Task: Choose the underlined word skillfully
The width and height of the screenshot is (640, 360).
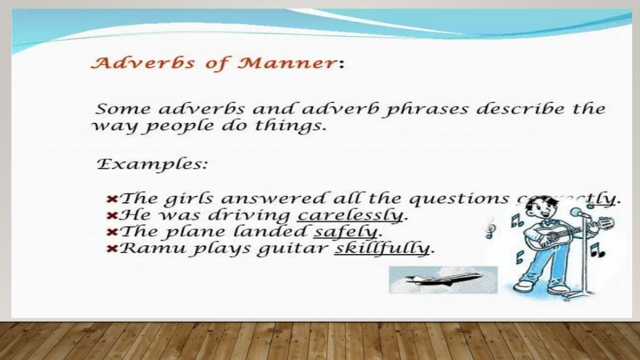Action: (x=383, y=248)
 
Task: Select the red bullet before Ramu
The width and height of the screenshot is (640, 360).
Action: (x=112, y=248)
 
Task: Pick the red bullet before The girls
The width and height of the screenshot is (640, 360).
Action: (x=112, y=198)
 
